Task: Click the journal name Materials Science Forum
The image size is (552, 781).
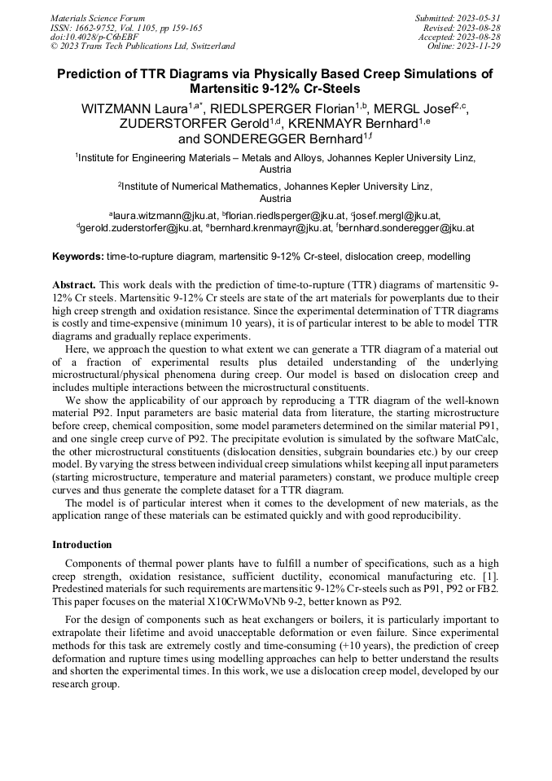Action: pyautogui.click(x=98, y=18)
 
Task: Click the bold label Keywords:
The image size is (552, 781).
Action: pyautogui.click(x=77, y=257)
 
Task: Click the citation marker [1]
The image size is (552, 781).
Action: pyautogui.click(x=492, y=576)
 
